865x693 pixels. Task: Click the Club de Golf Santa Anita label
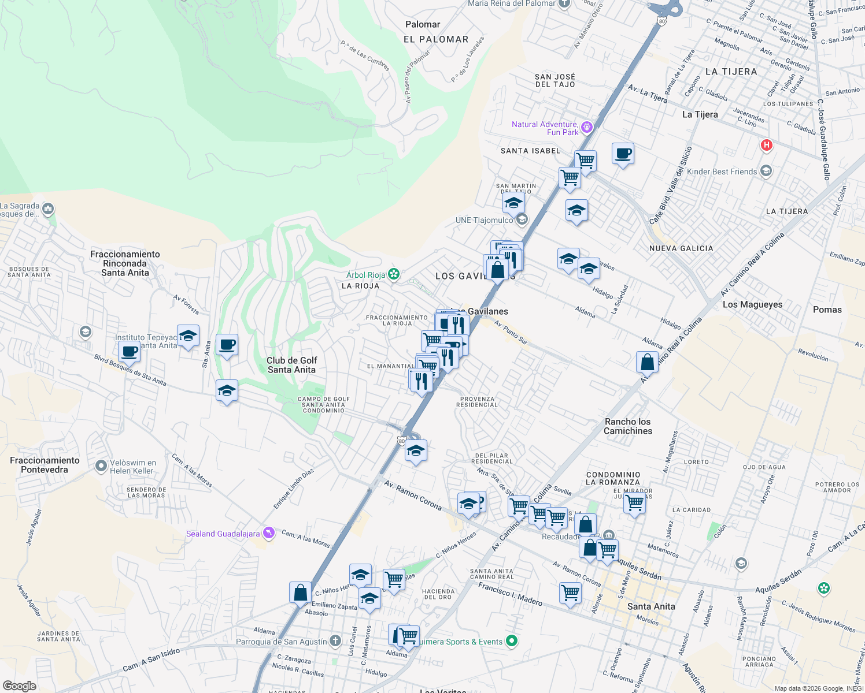coord(291,365)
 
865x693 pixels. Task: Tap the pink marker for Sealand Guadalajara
coord(268,532)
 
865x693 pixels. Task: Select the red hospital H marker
coord(766,145)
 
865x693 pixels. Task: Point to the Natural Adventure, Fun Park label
coord(545,128)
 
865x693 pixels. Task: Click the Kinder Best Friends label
coord(722,172)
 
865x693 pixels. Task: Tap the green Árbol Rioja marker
coord(394,274)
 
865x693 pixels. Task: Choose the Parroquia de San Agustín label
coord(282,642)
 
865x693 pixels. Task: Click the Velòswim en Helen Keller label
coord(133,467)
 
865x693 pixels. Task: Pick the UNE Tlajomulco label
coord(484,220)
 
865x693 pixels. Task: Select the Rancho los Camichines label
coord(628,426)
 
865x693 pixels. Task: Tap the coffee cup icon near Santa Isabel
coord(623,154)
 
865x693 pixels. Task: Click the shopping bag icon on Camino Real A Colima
coord(647,362)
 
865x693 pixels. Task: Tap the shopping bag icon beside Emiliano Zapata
coord(300,593)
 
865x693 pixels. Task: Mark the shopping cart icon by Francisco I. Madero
coord(570,593)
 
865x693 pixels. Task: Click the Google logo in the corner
coord(20,686)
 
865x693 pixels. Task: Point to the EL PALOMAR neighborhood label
coord(436,39)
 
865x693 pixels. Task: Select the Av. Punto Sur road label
coord(511,333)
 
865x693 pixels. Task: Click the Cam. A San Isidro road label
coord(151,660)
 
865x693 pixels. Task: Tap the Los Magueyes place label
coord(752,304)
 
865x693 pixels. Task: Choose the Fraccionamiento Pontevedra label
coord(45,465)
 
